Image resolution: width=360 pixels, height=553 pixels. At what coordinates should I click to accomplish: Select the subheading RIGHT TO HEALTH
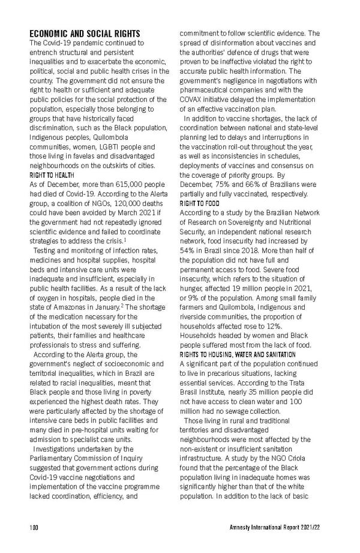[52, 175]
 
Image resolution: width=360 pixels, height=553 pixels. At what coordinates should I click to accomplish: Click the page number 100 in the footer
[34, 527]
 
